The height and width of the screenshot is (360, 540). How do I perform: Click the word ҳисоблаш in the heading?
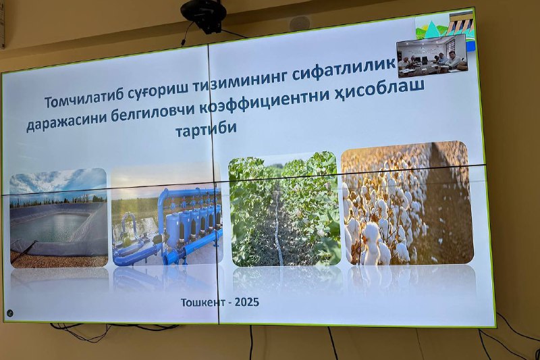(380, 91)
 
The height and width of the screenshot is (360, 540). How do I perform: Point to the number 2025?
(247, 302)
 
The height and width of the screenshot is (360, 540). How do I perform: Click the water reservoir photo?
(59, 218)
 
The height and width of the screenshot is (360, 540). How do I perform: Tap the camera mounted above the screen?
(204, 16)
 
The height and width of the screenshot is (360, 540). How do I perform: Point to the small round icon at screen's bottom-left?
(10, 313)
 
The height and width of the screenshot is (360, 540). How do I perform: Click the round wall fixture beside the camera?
(299, 24)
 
